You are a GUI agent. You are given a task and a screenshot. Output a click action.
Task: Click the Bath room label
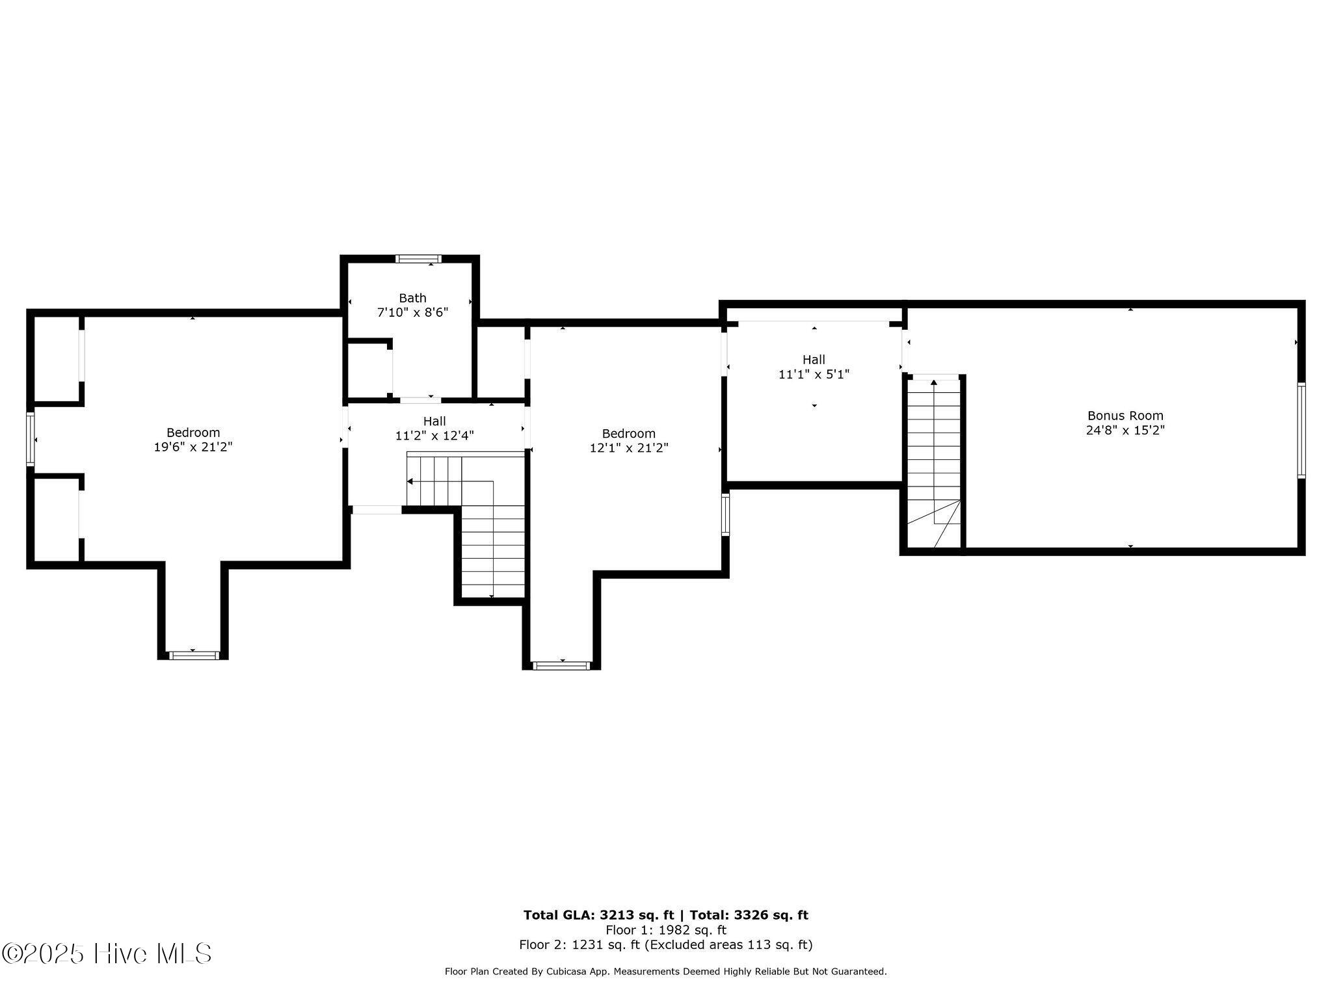click(x=412, y=298)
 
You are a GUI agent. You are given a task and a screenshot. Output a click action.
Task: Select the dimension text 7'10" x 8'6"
click(x=412, y=312)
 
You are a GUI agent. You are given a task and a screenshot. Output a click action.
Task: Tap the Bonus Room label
click(x=1125, y=416)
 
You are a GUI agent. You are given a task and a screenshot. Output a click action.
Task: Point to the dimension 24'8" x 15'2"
click(x=1125, y=430)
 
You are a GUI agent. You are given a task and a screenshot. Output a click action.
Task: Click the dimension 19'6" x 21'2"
click(x=193, y=447)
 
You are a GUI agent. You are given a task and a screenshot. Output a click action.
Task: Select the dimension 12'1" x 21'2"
click(x=629, y=448)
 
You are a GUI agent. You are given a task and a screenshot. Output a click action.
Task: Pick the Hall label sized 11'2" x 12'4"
click(x=434, y=421)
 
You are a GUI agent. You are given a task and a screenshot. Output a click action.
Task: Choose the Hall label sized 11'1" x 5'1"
click(x=814, y=360)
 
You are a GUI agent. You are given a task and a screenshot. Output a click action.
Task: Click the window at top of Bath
click(x=418, y=259)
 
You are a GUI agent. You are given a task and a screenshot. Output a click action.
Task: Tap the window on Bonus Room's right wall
click(x=1301, y=431)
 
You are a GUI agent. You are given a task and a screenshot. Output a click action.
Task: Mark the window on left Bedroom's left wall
click(x=30, y=439)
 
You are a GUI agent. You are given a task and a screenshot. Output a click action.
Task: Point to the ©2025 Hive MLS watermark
click(x=107, y=954)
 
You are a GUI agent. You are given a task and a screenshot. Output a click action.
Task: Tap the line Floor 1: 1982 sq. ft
click(x=665, y=930)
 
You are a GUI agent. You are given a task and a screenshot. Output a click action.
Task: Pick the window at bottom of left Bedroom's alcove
click(x=194, y=655)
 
